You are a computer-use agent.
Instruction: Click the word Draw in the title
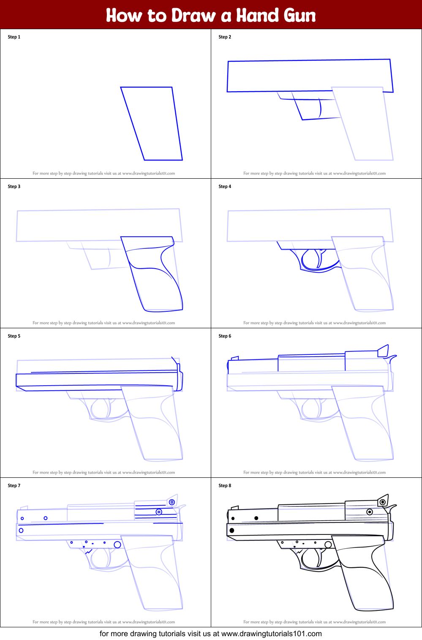[x=193, y=15]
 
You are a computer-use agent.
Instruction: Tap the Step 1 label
[x=14, y=37]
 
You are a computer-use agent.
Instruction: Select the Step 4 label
[x=225, y=187]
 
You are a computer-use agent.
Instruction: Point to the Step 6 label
[x=225, y=336]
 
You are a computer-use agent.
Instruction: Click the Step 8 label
[x=225, y=485]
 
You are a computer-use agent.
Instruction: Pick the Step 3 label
[x=14, y=187]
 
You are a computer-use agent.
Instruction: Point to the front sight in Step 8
[x=234, y=507]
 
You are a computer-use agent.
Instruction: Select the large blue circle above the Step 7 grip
[x=117, y=545]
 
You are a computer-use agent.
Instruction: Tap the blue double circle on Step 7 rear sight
[x=172, y=502]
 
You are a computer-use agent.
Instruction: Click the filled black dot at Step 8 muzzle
[x=232, y=530]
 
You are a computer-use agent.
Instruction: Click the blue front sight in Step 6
[x=234, y=358]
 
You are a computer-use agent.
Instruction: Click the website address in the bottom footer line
[x=272, y=634]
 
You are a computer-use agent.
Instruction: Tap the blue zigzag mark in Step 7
[x=89, y=552]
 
